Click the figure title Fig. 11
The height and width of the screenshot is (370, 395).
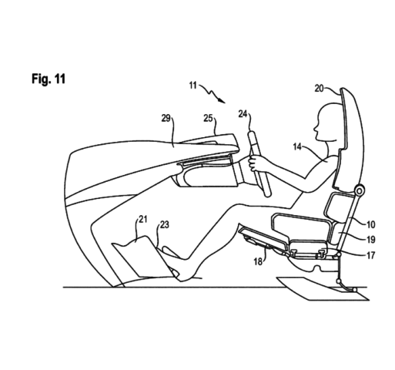click(x=49, y=79)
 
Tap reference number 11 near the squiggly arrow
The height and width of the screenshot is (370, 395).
click(x=192, y=86)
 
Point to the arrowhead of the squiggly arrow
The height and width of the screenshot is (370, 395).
click(x=223, y=101)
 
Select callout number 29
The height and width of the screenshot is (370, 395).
click(x=166, y=118)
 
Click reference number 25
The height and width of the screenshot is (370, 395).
click(x=208, y=119)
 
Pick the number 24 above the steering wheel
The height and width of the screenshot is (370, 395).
click(x=243, y=114)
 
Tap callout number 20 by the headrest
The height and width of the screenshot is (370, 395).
click(x=320, y=89)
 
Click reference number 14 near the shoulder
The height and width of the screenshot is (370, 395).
click(x=297, y=147)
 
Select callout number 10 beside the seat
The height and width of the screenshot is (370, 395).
click(x=370, y=225)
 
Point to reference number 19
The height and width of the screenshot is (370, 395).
click(x=370, y=240)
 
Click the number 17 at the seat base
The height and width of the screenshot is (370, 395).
click(x=370, y=255)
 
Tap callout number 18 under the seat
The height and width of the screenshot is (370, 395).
click(x=258, y=261)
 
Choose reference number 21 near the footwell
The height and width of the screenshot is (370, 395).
click(x=143, y=219)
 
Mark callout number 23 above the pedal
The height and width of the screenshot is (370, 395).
click(x=165, y=225)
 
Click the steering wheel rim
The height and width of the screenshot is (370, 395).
click(x=259, y=164)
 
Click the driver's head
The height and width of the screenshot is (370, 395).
click(x=329, y=122)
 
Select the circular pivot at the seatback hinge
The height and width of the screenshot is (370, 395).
click(x=360, y=190)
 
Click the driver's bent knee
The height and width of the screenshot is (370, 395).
click(x=237, y=210)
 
